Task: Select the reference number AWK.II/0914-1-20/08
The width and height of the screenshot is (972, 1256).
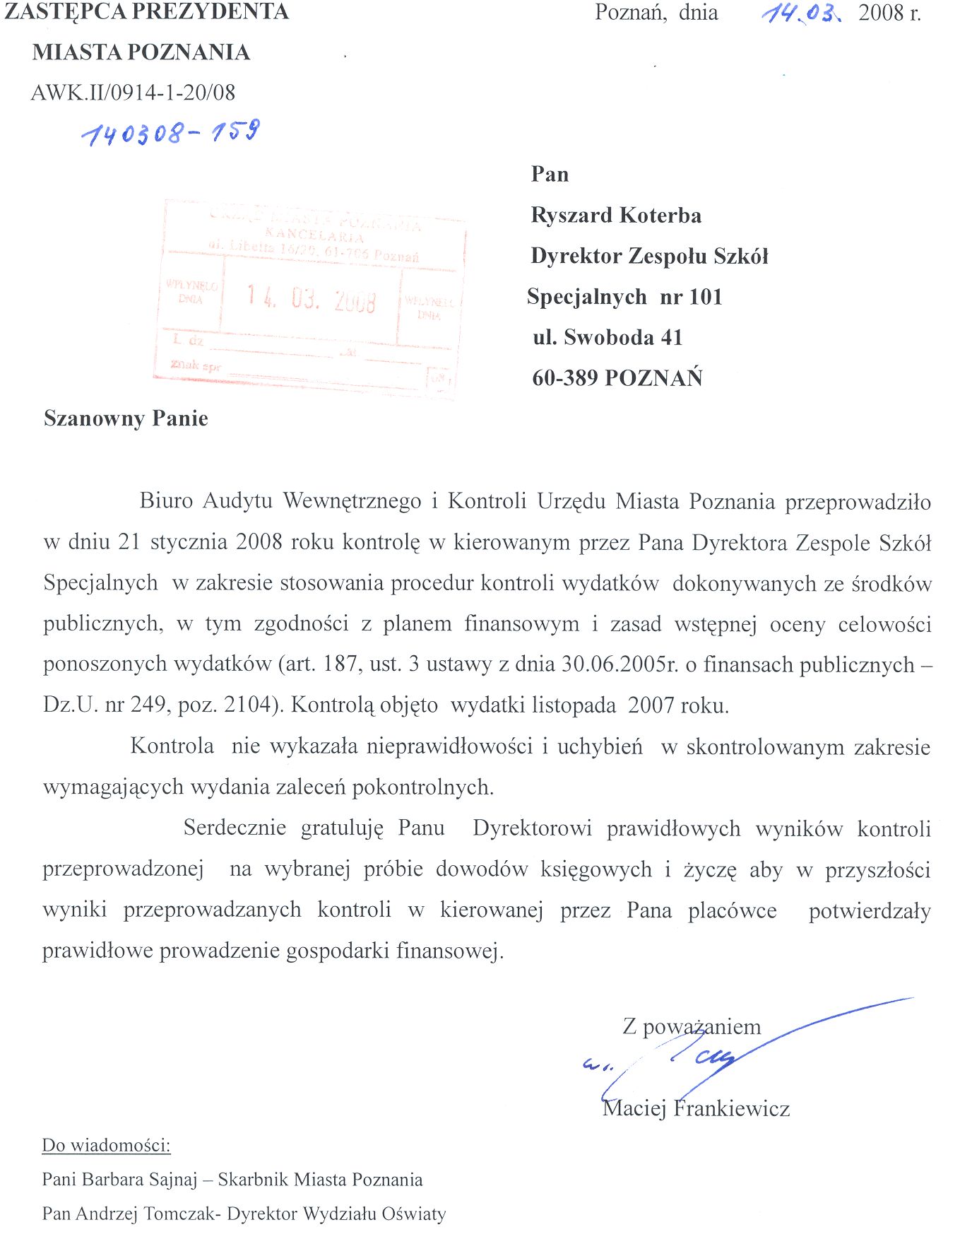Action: coord(133,93)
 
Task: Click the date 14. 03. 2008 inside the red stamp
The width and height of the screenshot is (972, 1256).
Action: coord(311,299)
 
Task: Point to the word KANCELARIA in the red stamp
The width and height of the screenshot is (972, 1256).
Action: coord(314,235)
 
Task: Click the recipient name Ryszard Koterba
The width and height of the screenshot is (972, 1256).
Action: coord(616,215)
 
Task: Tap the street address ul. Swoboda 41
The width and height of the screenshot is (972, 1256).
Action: coord(607,337)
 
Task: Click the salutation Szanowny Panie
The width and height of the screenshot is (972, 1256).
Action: coord(126,418)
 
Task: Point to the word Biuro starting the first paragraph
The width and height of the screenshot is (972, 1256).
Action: coord(166,501)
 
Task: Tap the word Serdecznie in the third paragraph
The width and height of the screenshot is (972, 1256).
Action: coord(235,828)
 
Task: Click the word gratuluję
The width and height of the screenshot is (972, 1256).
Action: coord(342,828)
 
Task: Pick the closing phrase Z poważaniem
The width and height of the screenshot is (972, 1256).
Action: coord(692,1026)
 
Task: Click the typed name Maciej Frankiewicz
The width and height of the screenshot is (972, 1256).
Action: coord(696,1108)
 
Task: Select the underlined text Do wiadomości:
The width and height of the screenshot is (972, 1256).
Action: coord(107,1145)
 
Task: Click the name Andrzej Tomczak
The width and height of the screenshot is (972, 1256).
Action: coord(148,1214)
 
